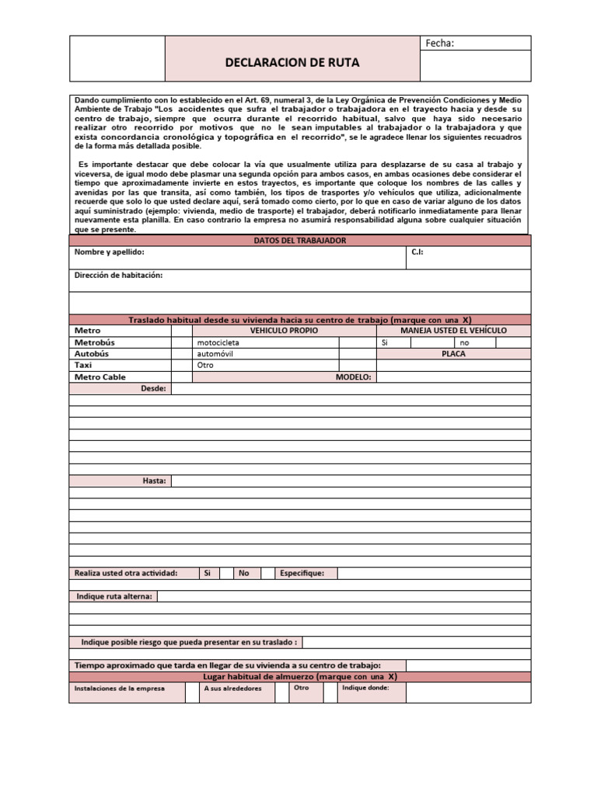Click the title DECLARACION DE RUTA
point(292,63)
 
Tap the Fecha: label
point(439,43)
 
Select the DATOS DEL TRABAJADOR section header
point(299,241)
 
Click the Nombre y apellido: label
point(109,252)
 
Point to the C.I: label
point(417,252)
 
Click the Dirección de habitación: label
point(118,276)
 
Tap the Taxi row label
point(83,365)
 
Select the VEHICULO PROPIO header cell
point(284,331)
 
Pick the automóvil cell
point(215,353)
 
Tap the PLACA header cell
point(454,353)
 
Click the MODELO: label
point(354,377)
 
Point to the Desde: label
point(153,388)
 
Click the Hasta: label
point(154,481)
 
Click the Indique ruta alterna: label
point(114,596)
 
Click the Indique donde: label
point(365,688)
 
